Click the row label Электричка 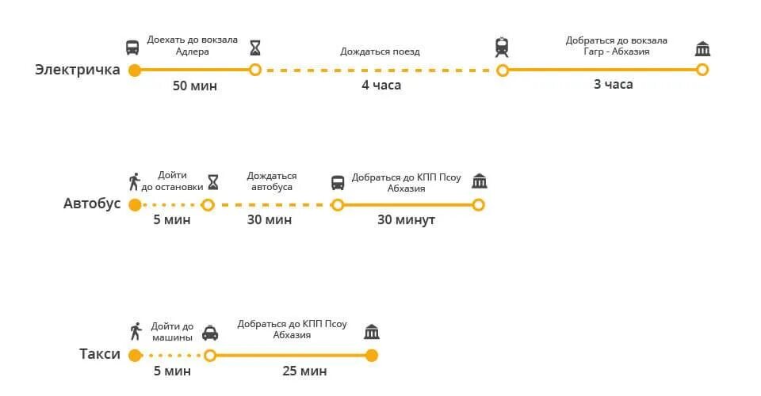click(77, 70)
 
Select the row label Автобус click(92, 204)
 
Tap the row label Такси click(100, 354)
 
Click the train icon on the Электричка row click(502, 48)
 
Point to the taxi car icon click(209, 333)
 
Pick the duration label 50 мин click(194, 86)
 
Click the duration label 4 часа click(381, 86)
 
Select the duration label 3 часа click(613, 84)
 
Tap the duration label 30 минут click(407, 219)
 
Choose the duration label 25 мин click(304, 371)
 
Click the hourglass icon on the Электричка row click(254, 48)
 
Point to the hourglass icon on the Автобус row click(212, 182)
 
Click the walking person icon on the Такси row click(136, 331)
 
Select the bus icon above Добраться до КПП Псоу click(337, 183)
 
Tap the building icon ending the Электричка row click(702, 49)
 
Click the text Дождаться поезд click(380, 51)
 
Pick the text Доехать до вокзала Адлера click(192, 46)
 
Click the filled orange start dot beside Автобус click(135, 205)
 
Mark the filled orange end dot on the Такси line click(372, 355)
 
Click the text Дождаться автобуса click(272, 181)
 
